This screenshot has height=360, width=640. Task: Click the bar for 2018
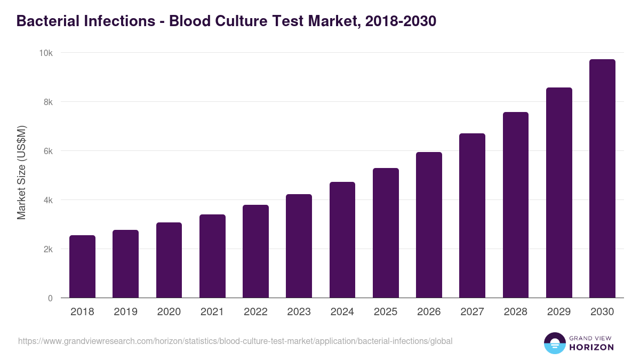pos(83,267)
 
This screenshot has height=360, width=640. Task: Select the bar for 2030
pos(602,179)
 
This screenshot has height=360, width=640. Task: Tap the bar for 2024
pos(342,240)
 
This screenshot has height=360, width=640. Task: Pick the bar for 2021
pos(212,256)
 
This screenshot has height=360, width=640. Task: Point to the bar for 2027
pos(472,215)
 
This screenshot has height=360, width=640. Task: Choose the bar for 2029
pos(559,193)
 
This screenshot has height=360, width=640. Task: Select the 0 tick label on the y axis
pos(50,298)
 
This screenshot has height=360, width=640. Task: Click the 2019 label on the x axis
pos(126,312)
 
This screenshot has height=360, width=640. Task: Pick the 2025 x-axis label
pos(386,312)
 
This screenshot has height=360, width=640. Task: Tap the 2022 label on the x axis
pos(255,312)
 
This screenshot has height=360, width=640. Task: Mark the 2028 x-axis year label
pos(515,312)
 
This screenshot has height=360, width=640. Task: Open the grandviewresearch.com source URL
pos(235,341)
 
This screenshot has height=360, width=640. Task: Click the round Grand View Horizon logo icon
pos(555,343)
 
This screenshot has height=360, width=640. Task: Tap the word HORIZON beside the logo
pos(591,347)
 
